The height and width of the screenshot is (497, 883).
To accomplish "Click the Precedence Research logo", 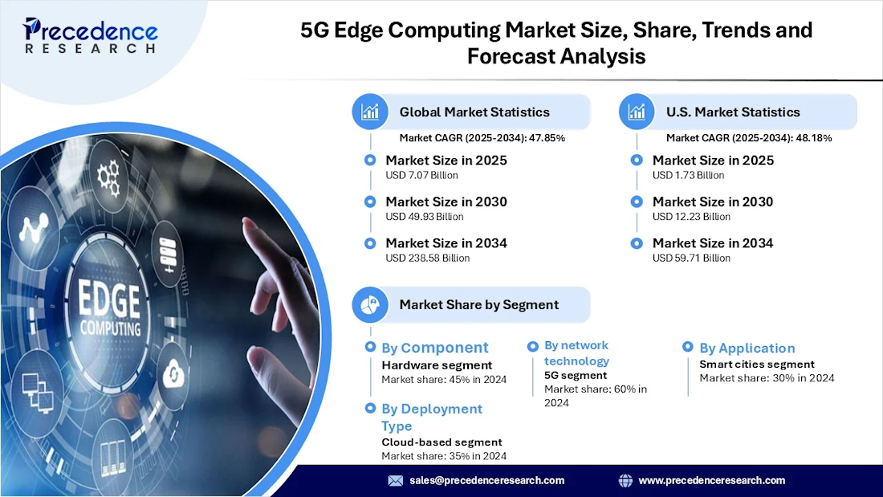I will click(x=90, y=36).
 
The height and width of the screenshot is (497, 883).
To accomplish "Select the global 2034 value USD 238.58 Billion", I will click(x=427, y=258).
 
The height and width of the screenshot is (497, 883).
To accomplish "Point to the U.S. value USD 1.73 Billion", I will click(x=688, y=175).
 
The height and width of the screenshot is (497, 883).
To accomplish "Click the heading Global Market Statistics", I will click(x=474, y=112).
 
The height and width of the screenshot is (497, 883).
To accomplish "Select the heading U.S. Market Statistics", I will click(x=733, y=112).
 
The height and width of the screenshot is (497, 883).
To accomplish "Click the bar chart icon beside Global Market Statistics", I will click(x=370, y=112).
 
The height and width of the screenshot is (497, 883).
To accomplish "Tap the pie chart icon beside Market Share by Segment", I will click(x=370, y=304).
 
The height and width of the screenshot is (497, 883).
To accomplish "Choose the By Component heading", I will click(x=434, y=348).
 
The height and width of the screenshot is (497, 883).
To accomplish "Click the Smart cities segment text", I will click(x=757, y=364).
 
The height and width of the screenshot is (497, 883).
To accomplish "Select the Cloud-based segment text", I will click(x=441, y=442).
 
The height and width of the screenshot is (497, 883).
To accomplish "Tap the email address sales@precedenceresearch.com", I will click(x=486, y=480).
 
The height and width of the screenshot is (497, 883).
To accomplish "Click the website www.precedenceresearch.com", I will click(x=711, y=480).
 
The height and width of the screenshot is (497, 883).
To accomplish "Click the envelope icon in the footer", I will click(x=395, y=480).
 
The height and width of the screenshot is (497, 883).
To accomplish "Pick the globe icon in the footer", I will click(x=626, y=480).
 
